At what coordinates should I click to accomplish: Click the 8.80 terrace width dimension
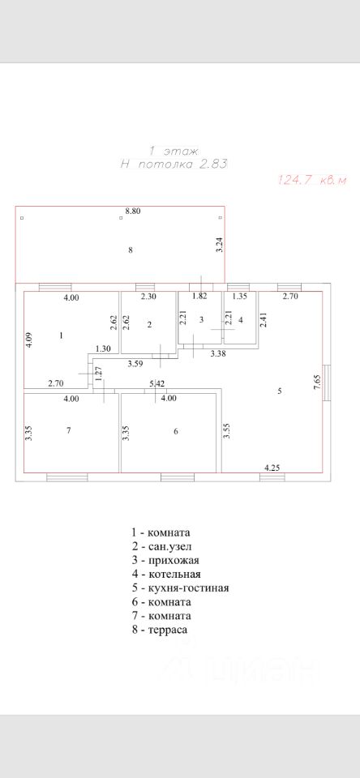tap(133, 211)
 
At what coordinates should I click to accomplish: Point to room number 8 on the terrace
tap(130, 250)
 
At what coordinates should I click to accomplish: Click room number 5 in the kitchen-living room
tap(280, 391)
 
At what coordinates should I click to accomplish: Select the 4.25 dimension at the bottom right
tap(272, 468)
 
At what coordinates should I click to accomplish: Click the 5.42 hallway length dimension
tap(157, 383)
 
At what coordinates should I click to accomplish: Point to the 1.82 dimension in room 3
tap(199, 297)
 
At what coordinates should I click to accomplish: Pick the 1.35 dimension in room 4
tap(240, 297)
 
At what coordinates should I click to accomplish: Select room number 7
tap(69, 430)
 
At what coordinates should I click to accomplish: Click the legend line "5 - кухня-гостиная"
tap(180, 588)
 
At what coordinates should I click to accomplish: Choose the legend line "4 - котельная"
tap(166, 574)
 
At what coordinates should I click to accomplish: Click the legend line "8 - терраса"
tap(160, 630)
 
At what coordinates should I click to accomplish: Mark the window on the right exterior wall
tap(327, 383)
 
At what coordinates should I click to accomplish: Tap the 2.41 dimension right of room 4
tap(264, 318)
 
